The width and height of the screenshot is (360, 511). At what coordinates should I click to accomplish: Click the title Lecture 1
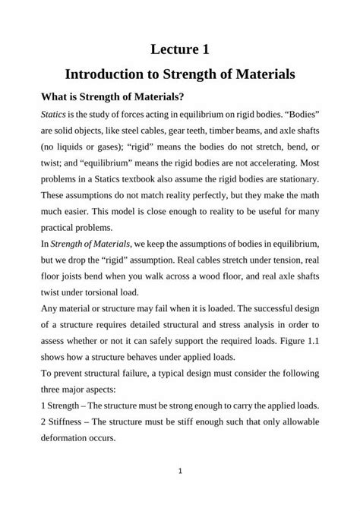coord(180,49)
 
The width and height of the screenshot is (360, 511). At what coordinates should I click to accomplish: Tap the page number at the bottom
coord(180,472)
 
